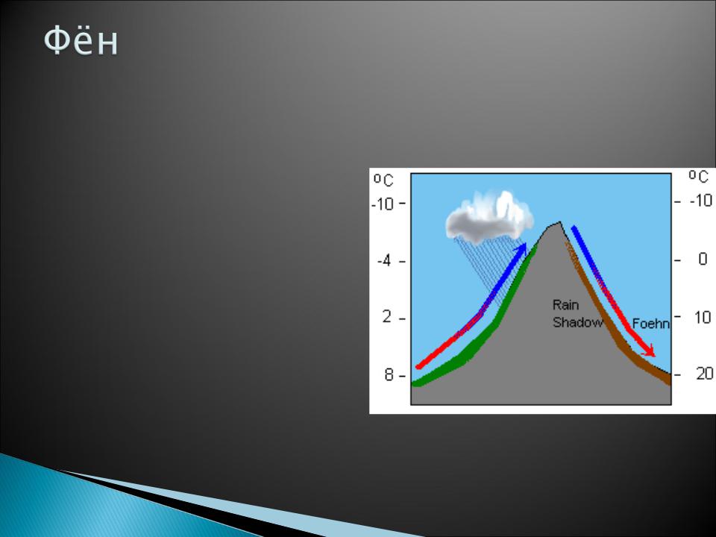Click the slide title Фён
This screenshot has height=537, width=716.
click(x=81, y=40)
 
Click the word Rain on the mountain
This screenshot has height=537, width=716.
click(x=565, y=304)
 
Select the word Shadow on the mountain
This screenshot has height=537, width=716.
click(x=577, y=322)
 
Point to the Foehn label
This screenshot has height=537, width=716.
click(x=650, y=324)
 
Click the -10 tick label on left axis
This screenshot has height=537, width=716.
click(x=382, y=204)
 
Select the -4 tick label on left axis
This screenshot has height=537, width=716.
click(x=384, y=261)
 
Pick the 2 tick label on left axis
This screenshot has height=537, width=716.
click(x=387, y=316)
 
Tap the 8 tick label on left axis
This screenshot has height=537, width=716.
click(x=389, y=375)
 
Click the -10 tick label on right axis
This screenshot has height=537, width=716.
click(x=701, y=200)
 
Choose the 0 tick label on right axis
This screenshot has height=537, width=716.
click(x=703, y=259)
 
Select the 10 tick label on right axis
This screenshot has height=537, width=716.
click(x=703, y=317)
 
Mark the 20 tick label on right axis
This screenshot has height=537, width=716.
click(x=705, y=374)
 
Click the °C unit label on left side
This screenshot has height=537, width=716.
click(x=383, y=180)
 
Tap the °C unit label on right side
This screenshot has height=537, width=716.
click(x=699, y=176)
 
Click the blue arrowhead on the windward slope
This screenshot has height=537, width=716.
click(x=521, y=250)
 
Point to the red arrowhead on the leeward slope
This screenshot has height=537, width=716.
click(x=648, y=351)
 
